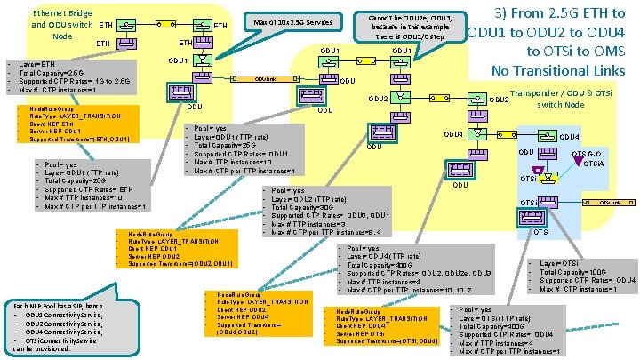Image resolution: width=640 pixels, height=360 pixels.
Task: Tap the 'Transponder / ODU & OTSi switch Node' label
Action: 569,97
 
